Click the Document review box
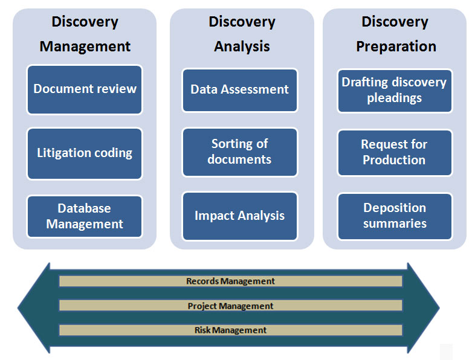[x=85, y=89]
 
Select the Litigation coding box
[x=85, y=153]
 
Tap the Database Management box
[x=85, y=216]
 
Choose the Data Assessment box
[x=240, y=90]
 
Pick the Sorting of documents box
[x=240, y=152]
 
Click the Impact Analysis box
[x=240, y=216]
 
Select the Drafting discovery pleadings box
[x=395, y=91]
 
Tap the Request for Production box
[x=395, y=153]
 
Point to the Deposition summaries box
[x=395, y=216]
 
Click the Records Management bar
[x=230, y=281]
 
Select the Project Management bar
[x=230, y=306]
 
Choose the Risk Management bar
[x=230, y=330]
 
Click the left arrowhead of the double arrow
[x=33, y=308]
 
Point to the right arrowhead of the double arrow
[x=424, y=308]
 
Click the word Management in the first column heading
[x=85, y=47]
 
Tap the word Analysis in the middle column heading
[x=242, y=47]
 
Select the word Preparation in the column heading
[x=396, y=47]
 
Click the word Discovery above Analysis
[x=242, y=22]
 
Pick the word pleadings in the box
[x=394, y=98]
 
